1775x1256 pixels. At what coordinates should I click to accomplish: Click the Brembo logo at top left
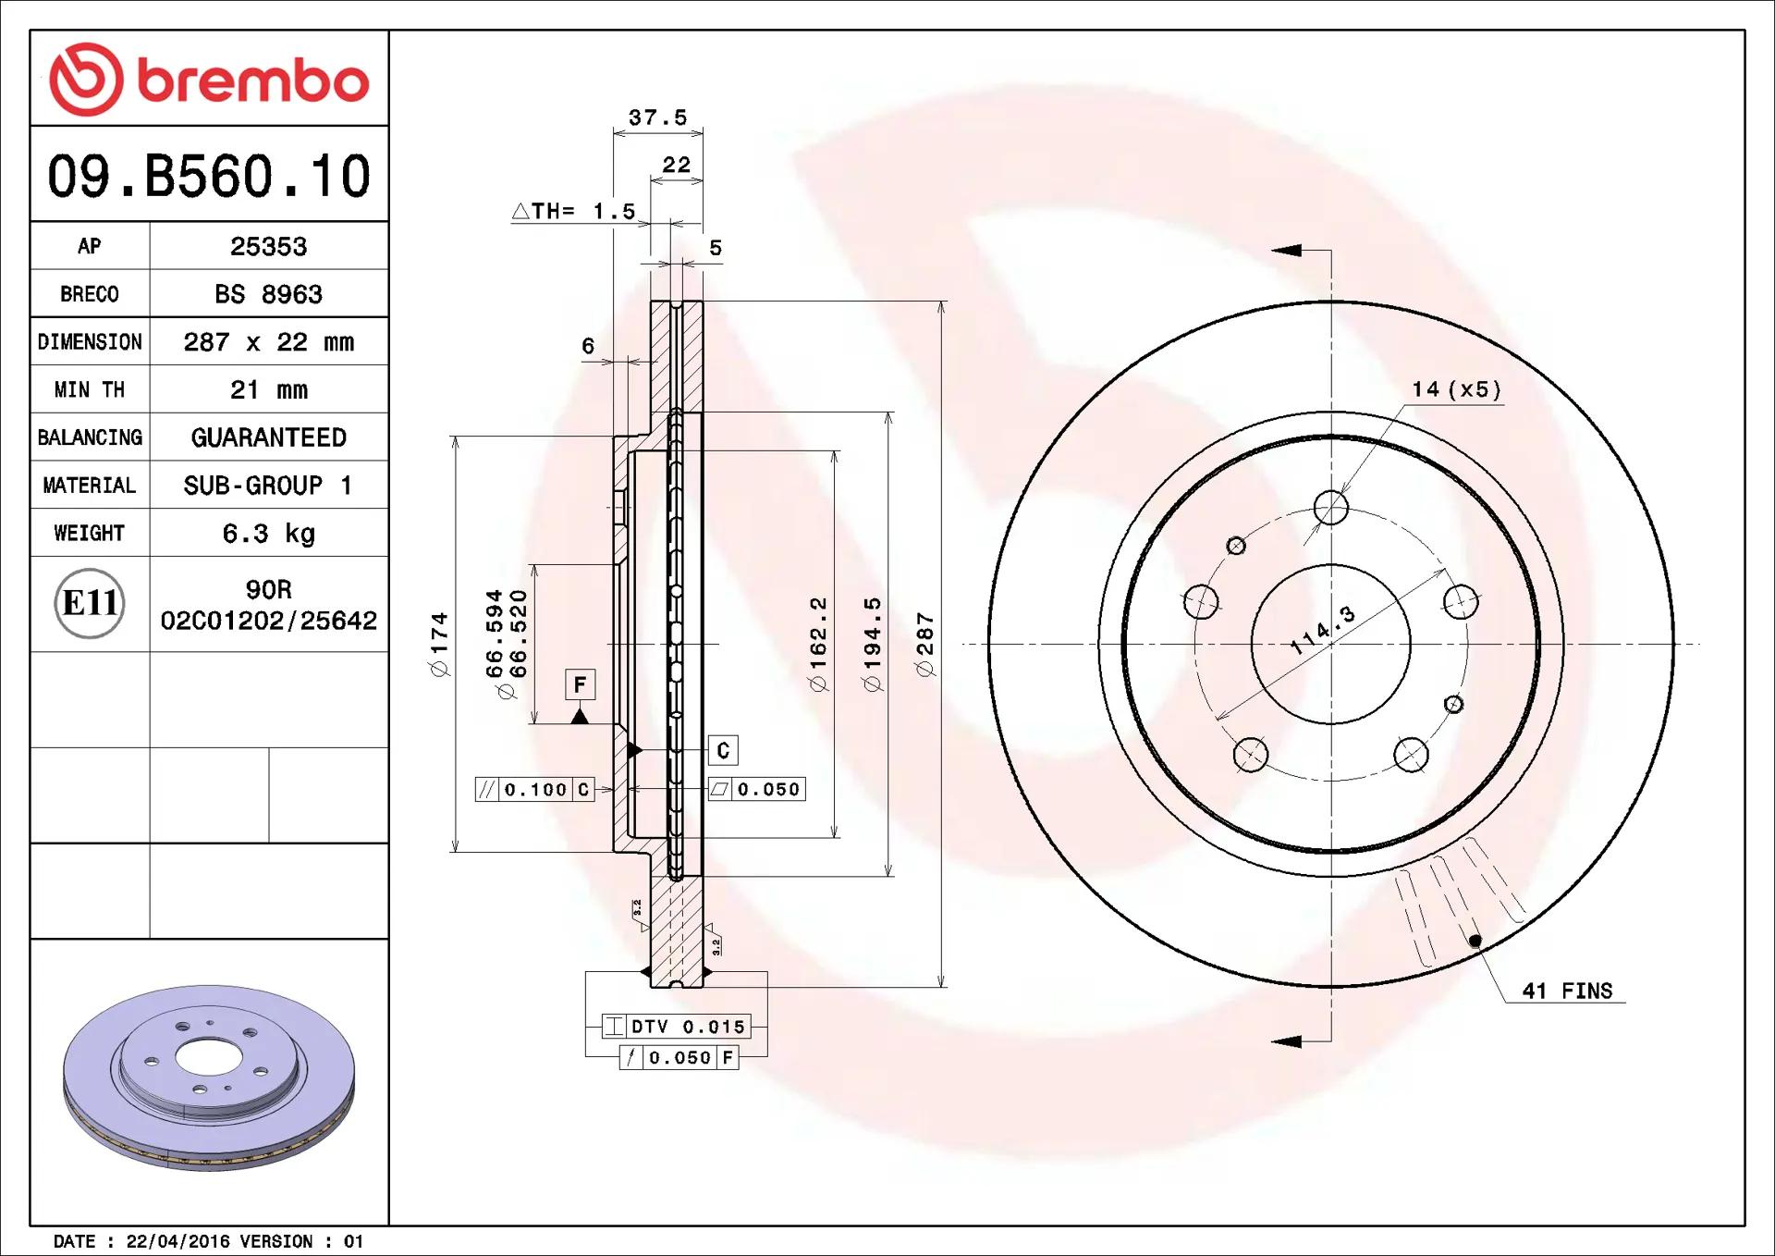click(209, 80)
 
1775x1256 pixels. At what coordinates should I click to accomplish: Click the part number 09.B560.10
click(209, 176)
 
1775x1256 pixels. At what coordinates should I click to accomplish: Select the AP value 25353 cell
click(268, 246)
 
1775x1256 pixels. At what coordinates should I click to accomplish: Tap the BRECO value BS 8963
click(268, 294)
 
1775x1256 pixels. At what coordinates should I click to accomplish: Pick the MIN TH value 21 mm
click(268, 389)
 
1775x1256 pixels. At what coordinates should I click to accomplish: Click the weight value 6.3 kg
click(268, 534)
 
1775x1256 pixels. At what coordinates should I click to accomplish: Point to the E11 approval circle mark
click(90, 603)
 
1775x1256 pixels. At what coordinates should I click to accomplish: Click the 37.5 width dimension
click(657, 117)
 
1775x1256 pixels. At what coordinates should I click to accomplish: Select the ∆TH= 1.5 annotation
click(574, 212)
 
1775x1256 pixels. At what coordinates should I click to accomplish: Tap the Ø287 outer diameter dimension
click(924, 645)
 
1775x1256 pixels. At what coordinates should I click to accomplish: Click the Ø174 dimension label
click(439, 645)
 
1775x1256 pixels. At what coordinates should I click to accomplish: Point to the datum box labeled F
click(580, 684)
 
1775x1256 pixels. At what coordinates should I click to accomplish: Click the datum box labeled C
click(723, 750)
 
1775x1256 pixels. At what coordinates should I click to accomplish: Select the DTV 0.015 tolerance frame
click(678, 1027)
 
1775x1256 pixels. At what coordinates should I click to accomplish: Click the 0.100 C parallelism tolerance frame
click(534, 790)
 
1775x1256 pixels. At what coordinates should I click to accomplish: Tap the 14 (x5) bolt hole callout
click(1456, 389)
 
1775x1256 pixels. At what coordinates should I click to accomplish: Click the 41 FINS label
click(1567, 991)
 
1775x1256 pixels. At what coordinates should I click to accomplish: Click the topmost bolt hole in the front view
click(1330, 507)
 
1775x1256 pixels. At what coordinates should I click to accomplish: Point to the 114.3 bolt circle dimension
click(1323, 631)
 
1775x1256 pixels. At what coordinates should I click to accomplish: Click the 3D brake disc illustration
click(209, 1077)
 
